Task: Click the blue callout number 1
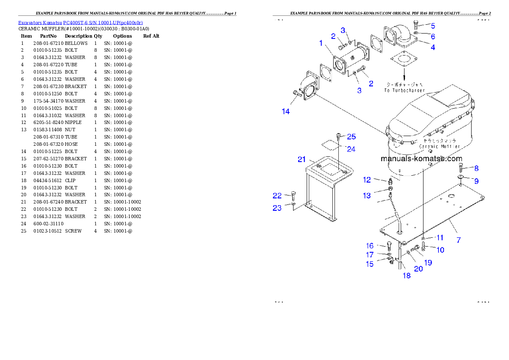pos(321,43)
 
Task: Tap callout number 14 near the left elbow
pos(286,112)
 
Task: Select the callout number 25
pos(351,136)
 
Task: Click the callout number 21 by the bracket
pos(302,159)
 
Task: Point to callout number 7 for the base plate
pos(459,240)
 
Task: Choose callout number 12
pos(367,180)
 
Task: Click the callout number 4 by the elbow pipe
pos(433,47)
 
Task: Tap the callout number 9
pos(476,181)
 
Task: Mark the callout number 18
pos(406,276)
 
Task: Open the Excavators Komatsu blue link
pos(80,22)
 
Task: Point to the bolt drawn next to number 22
pos(293,196)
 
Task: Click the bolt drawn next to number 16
pos(388,246)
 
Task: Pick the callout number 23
pos(277,208)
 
